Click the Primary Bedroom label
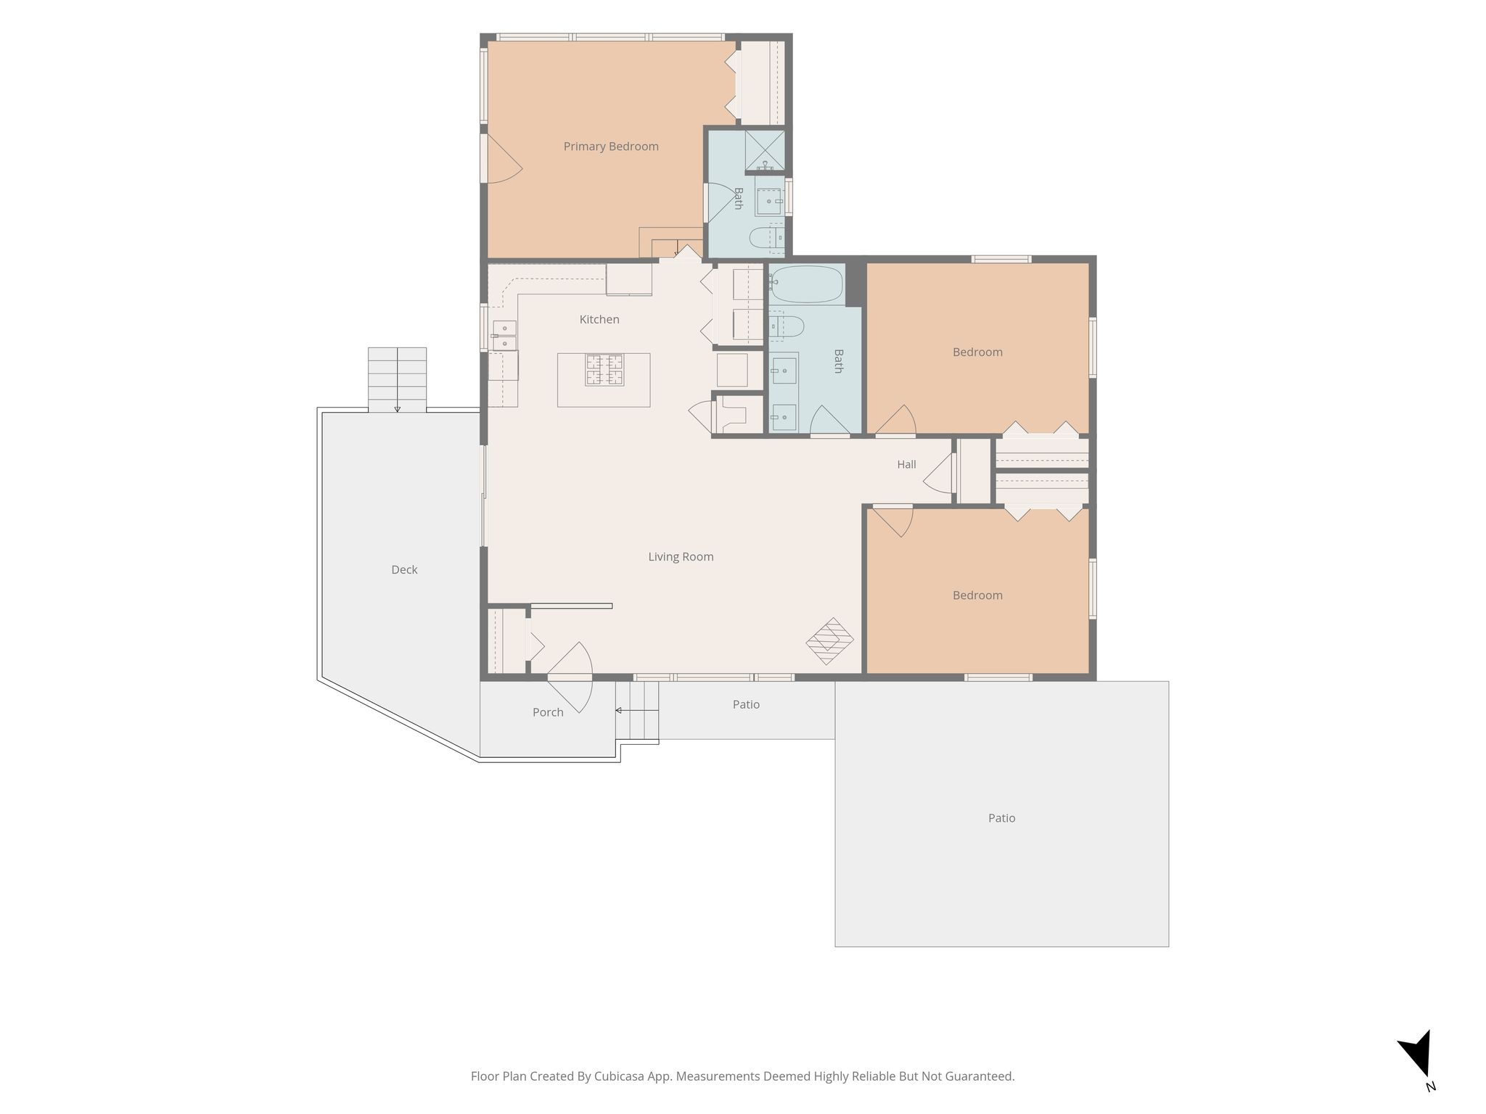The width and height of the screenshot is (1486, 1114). (x=611, y=147)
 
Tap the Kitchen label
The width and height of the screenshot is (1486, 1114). (x=599, y=319)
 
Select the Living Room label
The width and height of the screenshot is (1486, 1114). (x=681, y=557)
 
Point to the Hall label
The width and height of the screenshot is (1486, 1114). (x=906, y=464)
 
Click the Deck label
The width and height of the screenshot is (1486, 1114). (x=404, y=570)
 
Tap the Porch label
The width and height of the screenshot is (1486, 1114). (x=548, y=712)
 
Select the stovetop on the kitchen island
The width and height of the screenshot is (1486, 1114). (x=604, y=370)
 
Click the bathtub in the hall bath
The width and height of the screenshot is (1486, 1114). (x=807, y=284)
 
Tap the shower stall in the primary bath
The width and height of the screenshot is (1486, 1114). (x=765, y=150)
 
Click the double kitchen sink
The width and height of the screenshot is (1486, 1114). (x=504, y=336)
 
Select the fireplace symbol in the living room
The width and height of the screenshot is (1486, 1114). (x=830, y=641)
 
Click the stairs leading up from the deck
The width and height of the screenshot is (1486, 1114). (x=397, y=380)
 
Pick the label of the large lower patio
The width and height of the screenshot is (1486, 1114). (x=1001, y=818)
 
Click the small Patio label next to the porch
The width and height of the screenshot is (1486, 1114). (x=746, y=704)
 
